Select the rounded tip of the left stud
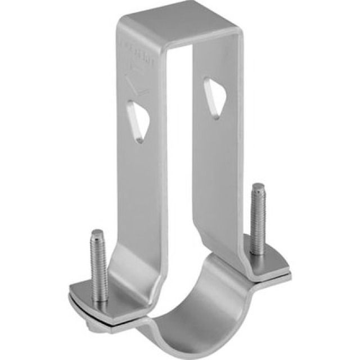97,233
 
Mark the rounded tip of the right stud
258,187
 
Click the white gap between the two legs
180,169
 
